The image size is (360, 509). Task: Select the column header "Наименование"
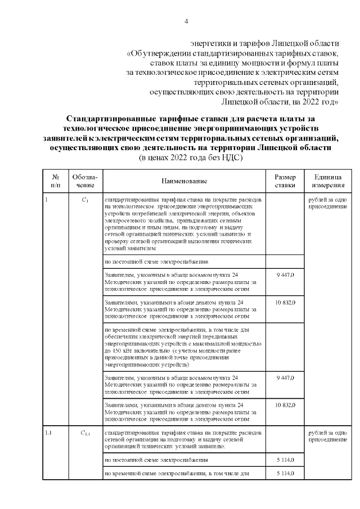click(x=184, y=181)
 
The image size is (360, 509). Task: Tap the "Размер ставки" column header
click(x=284, y=181)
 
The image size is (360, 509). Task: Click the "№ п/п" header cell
click(x=56, y=181)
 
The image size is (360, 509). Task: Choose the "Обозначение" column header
click(x=85, y=181)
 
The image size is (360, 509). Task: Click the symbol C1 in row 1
click(x=85, y=200)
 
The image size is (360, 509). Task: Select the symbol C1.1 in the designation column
click(x=85, y=433)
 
